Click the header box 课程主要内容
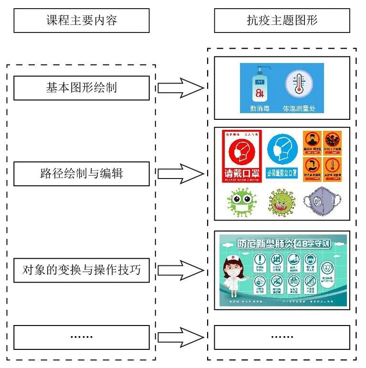point(81,21)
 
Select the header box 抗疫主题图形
point(282,21)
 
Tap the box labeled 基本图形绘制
point(81,88)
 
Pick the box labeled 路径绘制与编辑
point(81,173)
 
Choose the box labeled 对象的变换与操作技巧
point(81,270)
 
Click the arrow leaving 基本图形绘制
point(180,88)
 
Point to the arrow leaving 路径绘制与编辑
point(180,173)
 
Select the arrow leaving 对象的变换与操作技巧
point(180,270)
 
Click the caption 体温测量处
point(299,108)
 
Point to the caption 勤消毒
point(260,108)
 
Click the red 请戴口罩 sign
point(241,156)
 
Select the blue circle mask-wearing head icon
point(282,148)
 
